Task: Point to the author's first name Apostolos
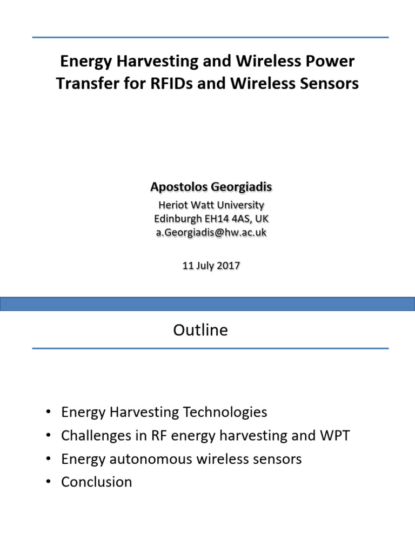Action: click(x=176, y=187)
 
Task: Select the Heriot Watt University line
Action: click(x=211, y=205)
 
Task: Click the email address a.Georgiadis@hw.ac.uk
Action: click(x=211, y=232)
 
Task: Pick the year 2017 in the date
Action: click(x=228, y=266)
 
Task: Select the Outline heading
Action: click(x=200, y=330)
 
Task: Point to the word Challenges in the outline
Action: click(x=95, y=436)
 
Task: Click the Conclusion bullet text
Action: click(x=97, y=482)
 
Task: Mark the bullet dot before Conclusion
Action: click(x=49, y=482)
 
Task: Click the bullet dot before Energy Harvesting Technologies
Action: click(x=49, y=413)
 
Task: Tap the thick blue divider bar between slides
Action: click(x=207, y=304)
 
